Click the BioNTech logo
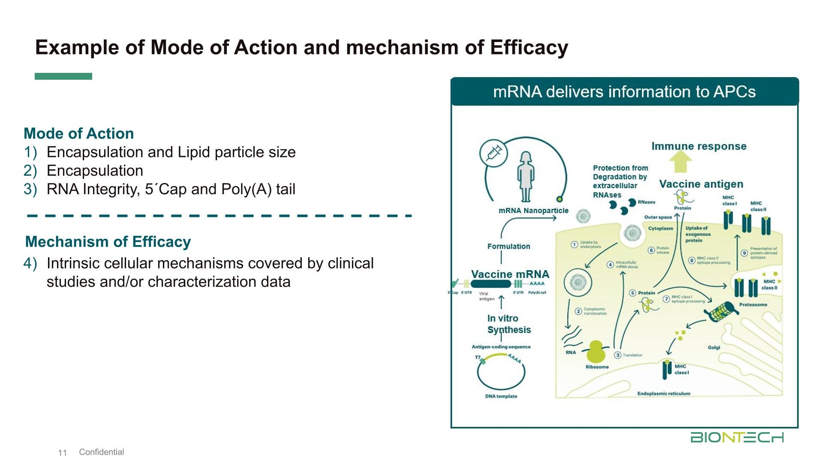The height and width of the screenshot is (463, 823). (x=737, y=437)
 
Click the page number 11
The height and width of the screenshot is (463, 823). (x=63, y=453)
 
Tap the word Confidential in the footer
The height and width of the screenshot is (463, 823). (x=102, y=452)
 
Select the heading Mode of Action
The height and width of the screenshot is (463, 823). (x=79, y=133)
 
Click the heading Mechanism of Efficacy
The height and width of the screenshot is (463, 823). (x=108, y=242)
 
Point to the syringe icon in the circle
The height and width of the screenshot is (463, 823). (x=494, y=153)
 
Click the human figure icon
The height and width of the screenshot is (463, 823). (x=526, y=176)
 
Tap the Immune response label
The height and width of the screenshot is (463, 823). (x=699, y=146)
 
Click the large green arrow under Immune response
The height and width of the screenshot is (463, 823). (x=681, y=162)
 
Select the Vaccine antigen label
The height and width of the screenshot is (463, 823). (x=701, y=184)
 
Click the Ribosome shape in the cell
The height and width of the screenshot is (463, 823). (x=596, y=352)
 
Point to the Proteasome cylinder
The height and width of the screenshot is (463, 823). (x=721, y=312)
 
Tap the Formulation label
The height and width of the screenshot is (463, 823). (x=508, y=247)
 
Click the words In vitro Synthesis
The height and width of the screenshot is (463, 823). (x=509, y=324)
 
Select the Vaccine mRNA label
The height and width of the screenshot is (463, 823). (x=510, y=274)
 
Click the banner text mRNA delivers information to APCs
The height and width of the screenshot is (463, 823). (x=624, y=92)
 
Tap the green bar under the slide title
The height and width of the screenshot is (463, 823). (x=63, y=76)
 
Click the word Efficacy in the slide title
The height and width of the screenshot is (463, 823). (x=529, y=47)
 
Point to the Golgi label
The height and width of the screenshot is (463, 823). (x=714, y=347)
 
